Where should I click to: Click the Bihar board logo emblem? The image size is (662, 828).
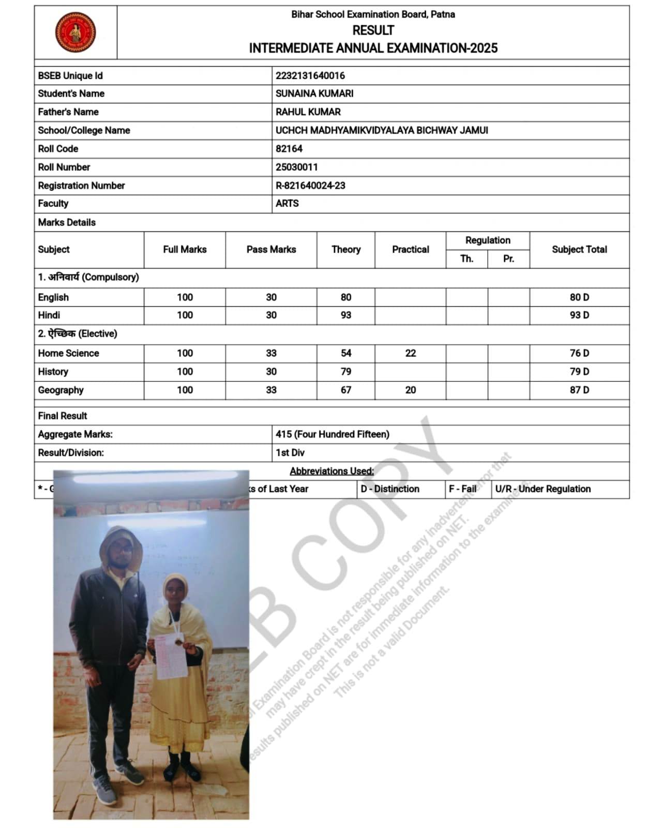(76, 32)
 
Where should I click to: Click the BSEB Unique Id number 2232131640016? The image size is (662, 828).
(310, 76)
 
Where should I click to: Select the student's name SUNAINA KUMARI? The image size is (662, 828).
(314, 94)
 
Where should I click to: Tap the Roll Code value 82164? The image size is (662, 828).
(289, 149)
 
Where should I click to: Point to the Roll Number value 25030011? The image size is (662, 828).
(296, 167)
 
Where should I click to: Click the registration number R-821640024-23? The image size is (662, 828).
(310, 185)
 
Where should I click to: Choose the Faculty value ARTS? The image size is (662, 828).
(287, 203)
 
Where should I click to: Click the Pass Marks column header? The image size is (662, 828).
(271, 249)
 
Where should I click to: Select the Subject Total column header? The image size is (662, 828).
(579, 249)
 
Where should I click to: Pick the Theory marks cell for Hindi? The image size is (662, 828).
(345, 315)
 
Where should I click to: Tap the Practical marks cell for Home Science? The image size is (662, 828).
(410, 353)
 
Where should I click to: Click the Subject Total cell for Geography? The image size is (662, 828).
(579, 390)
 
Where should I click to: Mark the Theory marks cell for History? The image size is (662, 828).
(345, 372)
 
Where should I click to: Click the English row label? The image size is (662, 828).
(53, 298)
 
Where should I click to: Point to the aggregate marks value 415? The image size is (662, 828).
(284, 434)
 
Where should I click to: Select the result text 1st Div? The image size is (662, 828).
(290, 453)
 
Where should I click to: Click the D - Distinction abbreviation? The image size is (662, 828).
(390, 489)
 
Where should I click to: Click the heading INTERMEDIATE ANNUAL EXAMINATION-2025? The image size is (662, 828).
(373, 48)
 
